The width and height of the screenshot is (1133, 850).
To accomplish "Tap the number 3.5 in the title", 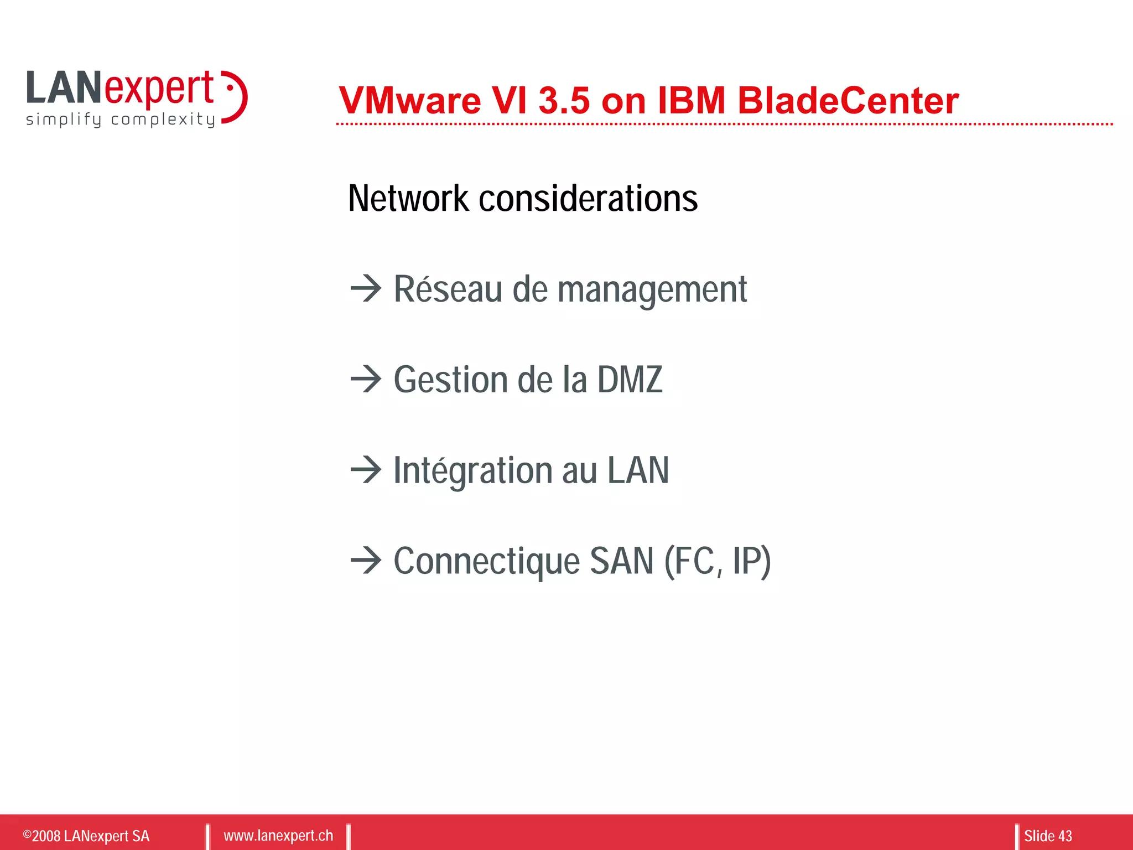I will click(x=564, y=101).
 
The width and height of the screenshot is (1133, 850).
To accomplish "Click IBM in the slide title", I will click(x=691, y=101).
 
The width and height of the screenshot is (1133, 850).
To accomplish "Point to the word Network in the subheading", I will click(x=408, y=198).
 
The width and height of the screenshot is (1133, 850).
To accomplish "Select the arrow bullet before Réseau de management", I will click(x=366, y=288).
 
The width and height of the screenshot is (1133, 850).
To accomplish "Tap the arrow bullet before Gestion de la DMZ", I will click(x=366, y=379).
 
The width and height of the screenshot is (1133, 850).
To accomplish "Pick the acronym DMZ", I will click(x=630, y=380).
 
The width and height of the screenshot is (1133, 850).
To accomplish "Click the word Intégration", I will click(x=472, y=470).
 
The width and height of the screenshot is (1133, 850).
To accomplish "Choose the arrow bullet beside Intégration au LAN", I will click(x=366, y=470).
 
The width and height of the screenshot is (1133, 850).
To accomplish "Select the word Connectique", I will click(x=486, y=561).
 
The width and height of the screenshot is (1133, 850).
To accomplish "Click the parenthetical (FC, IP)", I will click(x=717, y=561).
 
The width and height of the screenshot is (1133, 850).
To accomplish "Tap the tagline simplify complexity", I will click(x=120, y=120).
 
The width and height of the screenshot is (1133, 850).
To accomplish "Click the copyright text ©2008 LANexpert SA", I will click(x=86, y=836).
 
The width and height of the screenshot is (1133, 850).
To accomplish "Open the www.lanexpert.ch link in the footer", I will click(x=278, y=835).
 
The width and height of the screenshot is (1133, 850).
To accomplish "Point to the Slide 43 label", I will click(x=1047, y=836).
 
